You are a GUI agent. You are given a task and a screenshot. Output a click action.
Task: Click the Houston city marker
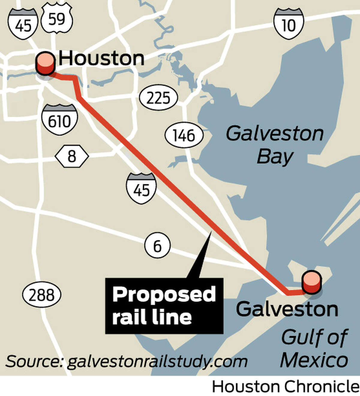[45, 64]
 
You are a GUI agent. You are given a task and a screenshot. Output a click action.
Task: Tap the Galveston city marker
[312, 282]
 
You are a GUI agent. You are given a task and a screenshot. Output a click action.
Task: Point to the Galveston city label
[287, 309]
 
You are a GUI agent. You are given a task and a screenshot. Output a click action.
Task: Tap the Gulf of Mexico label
[314, 348]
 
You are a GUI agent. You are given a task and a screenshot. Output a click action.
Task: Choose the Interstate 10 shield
[289, 24]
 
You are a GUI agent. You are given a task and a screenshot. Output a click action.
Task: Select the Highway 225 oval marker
[159, 98]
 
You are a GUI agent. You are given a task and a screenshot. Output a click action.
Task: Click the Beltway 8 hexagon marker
[72, 156]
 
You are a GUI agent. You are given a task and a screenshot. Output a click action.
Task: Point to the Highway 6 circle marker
[157, 246]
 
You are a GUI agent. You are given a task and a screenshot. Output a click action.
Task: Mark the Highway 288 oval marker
[42, 295]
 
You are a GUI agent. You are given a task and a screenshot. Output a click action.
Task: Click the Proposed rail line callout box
[164, 305]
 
